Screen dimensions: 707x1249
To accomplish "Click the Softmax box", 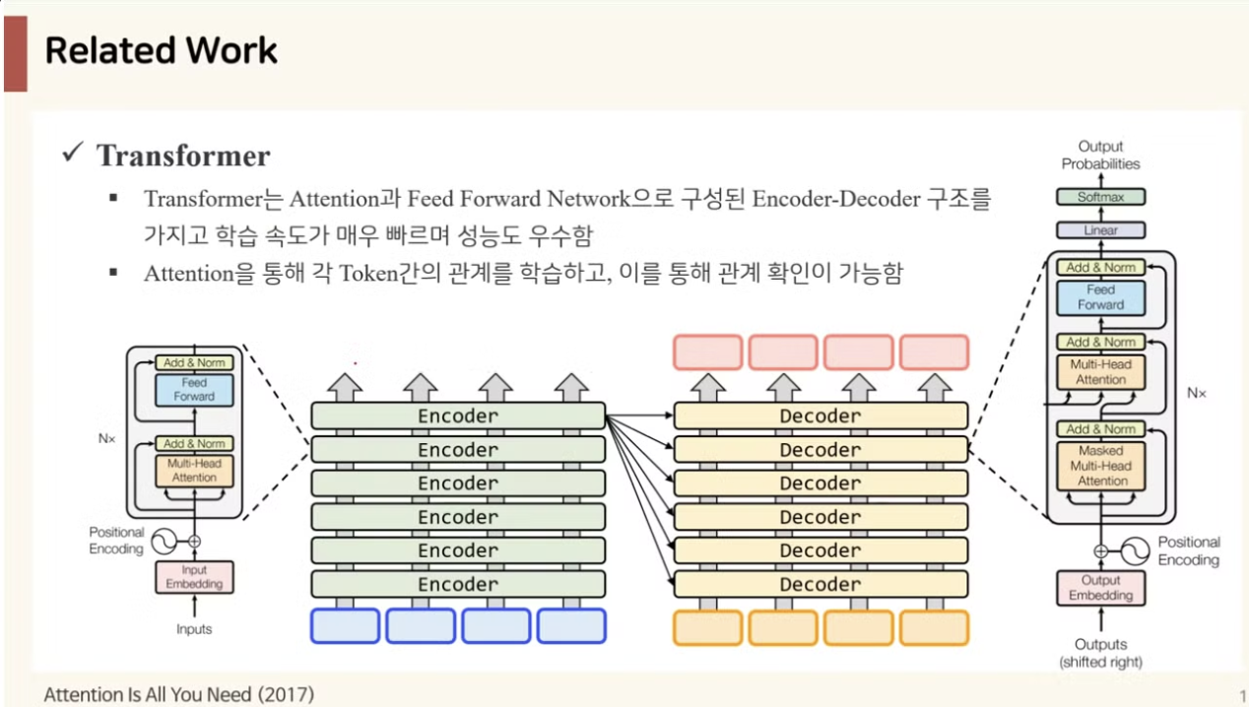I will tap(1100, 197).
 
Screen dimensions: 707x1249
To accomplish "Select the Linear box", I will tap(1100, 230).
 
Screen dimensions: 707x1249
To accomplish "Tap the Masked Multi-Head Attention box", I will tap(1101, 466).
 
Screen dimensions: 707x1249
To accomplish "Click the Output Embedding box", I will tap(1100, 588).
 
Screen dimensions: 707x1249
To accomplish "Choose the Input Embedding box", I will tap(194, 577).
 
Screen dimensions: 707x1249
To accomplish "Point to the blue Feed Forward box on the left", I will tap(194, 390).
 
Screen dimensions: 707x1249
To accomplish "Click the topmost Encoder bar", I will tap(458, 416).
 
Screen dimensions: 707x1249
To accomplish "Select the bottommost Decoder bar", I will tap(821, 584).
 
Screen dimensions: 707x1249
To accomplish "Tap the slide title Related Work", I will tap(162, 51).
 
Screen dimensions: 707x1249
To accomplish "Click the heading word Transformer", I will tap(183, 156).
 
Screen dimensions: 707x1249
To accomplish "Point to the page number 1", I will tap(1242, 695).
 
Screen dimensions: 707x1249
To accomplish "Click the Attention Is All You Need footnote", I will tap(178, 694).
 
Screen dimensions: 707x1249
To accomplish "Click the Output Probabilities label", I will tap(1100, 155).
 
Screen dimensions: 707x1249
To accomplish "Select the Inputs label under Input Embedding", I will tap(194, 628).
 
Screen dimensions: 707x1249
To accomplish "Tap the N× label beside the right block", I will tap(1196, 392).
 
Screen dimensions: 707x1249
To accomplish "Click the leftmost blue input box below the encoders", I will tap(346, 626).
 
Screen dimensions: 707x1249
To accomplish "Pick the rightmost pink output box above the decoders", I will tap(934, 352).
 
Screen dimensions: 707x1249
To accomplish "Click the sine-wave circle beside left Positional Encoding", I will tap(161, 541).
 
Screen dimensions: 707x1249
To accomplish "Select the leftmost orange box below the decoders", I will tap(708, 626).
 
